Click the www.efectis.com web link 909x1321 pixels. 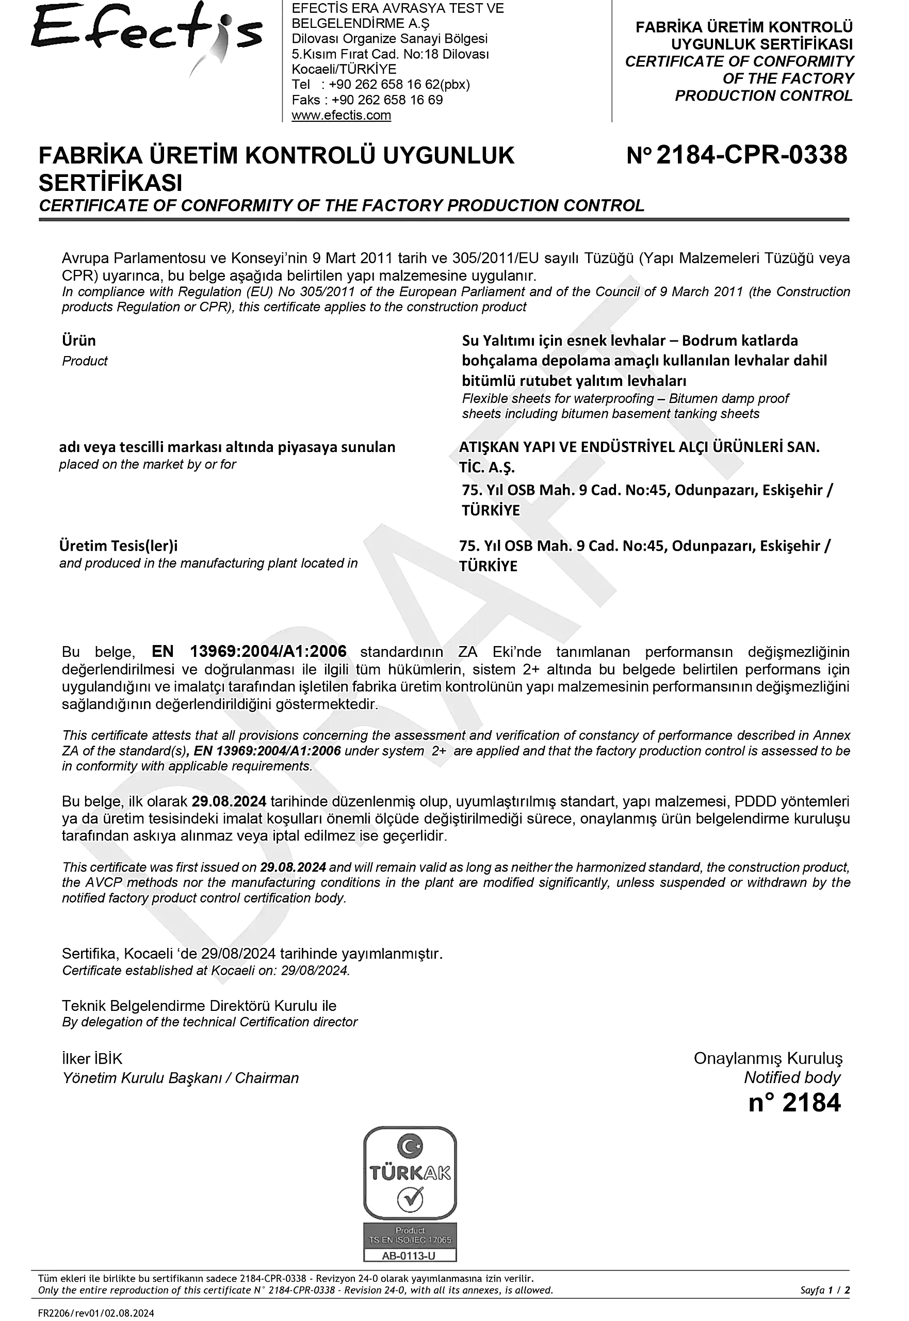(341, 115)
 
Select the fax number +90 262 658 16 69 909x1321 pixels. (387, 100)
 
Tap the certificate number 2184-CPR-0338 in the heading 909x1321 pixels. (752, 155)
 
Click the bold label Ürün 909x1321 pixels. (78, 341)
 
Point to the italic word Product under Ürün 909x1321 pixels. (85, 361)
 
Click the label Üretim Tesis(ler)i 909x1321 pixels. (119, 546)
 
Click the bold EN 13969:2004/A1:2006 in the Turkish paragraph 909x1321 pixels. (249, 651)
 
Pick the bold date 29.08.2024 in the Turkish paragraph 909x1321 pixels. (229, 801)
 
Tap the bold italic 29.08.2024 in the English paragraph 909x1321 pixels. (293, 867)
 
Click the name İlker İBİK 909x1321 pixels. (92, 1059)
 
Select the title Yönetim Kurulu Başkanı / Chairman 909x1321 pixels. (181, 1078)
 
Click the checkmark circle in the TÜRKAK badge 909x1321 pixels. (410, 1201)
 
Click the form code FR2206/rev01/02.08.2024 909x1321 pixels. (95, 1313)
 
